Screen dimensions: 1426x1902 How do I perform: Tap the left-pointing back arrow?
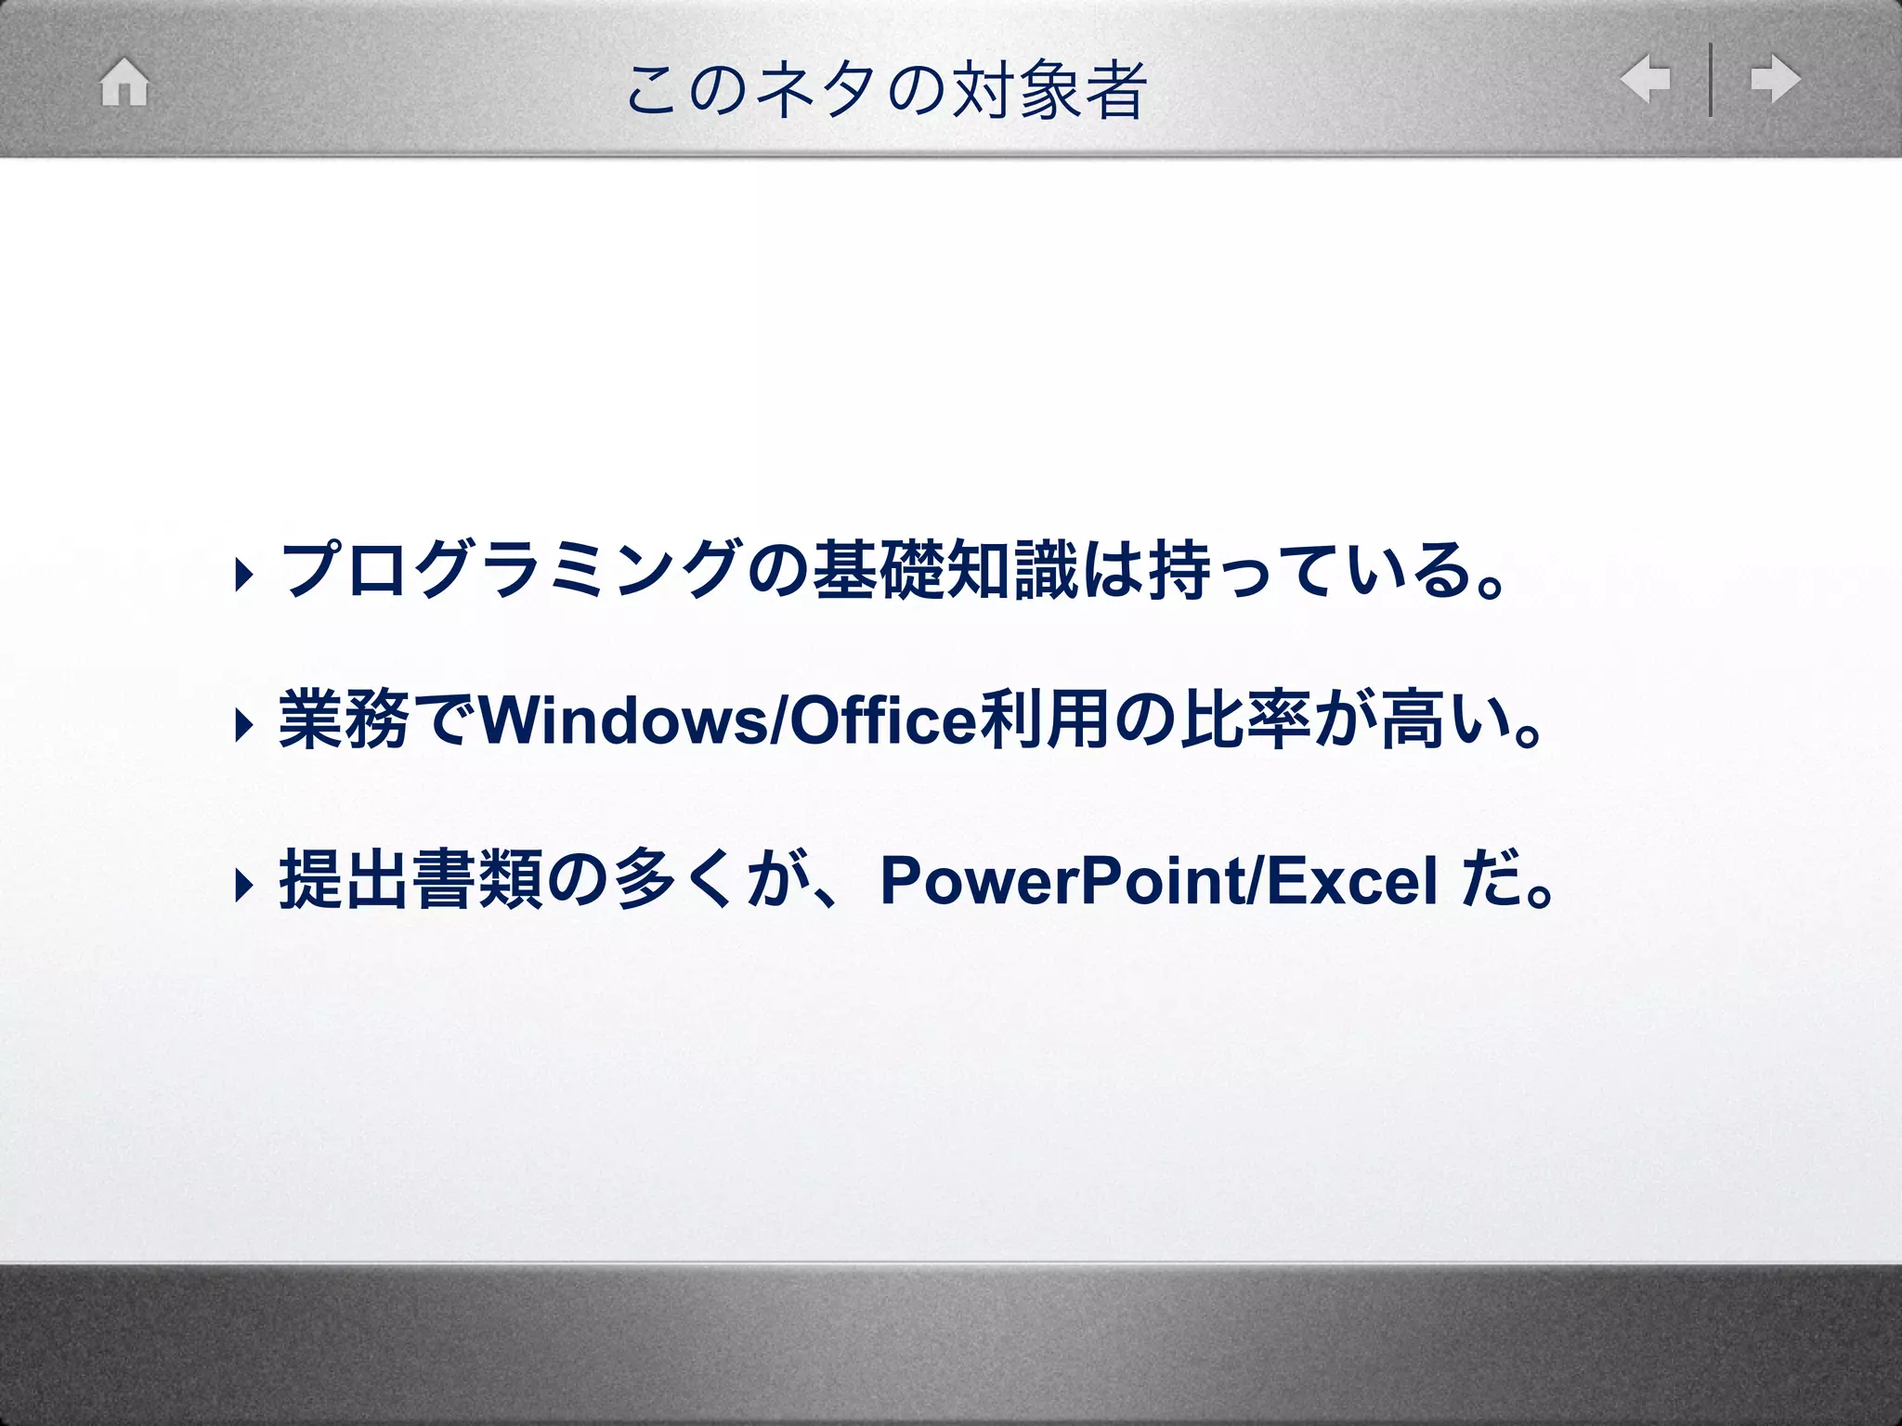coord(1645,79)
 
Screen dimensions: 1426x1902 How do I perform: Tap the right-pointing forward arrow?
coord(1775,79)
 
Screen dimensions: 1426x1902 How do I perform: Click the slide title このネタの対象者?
coord(887,90)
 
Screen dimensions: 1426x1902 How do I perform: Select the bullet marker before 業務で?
coord(243,725)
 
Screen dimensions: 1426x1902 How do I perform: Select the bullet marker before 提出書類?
coord(243,884)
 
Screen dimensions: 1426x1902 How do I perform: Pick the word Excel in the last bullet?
coord(1351,881)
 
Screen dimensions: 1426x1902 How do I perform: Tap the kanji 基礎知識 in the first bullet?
coord(944,570)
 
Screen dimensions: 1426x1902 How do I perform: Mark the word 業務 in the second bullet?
coord(344,721)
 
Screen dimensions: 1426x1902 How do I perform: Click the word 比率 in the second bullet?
coord(1245,721)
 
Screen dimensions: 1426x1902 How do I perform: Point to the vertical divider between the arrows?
coord(1710,80)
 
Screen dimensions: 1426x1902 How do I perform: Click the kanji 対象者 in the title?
coord(1049,90)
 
